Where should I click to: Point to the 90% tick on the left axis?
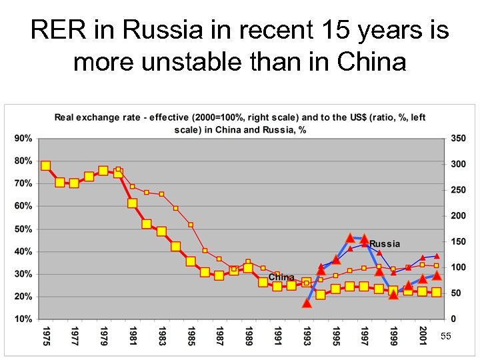click(23, 138)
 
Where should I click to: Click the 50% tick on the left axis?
click(23, 229)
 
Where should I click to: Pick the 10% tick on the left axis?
click(23, 319)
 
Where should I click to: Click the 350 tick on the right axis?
click(458, 138)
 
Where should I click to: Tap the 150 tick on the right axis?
click(458, 241)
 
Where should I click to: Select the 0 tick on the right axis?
click(453, 319)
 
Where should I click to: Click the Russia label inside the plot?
click(385, 244)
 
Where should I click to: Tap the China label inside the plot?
click(281, 277)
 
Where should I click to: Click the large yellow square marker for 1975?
click(45, 166)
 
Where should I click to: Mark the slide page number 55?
click(445, 337)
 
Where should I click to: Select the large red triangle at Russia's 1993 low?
click(307, 303)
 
